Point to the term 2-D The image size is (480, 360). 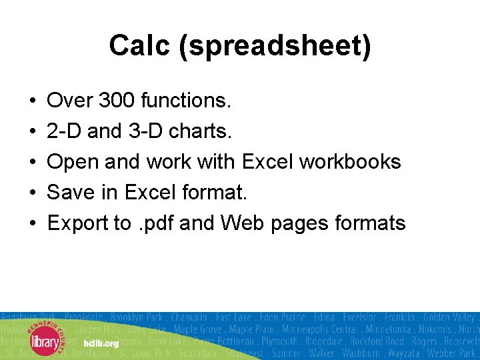(65, 131)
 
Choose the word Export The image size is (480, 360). (78, 223)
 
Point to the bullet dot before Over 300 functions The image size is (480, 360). (32, 101)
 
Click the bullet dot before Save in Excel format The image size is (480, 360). (32, 193)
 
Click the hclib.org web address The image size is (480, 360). (101, 343)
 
